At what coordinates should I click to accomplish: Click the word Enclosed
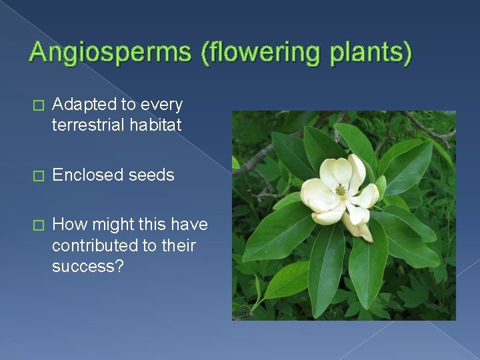point(83,175)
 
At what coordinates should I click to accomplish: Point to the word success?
point(85,266)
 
